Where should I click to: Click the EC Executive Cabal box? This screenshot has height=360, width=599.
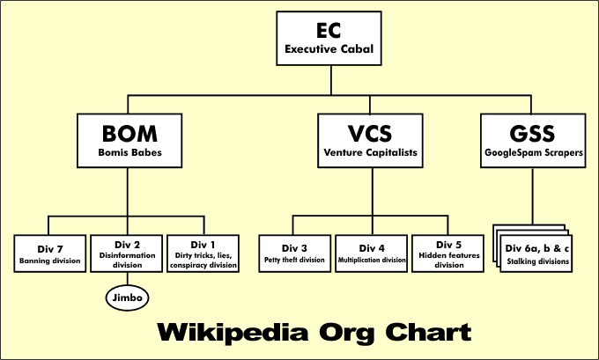pyautogui.click(x=329, y=39)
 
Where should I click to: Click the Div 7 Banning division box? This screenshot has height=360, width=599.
pyautogui.click(x=49, y=252)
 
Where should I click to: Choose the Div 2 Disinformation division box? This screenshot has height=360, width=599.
pyautogui.click(x=127, y=253)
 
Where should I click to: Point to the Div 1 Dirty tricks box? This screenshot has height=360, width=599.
pyautogui.click(x=202, y=253)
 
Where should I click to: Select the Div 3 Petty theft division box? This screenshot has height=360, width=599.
pyautogui.click(x=294, y=253)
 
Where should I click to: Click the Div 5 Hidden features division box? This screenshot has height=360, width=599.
pyautogui.click(x=448, y=253)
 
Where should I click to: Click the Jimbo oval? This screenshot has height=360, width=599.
pyautogui.click(x=127, y=298)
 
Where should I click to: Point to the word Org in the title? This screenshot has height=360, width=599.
pyautogui.click(x=349, y=334)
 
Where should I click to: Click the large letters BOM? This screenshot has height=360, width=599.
pyautogui.click(x=129, y=133)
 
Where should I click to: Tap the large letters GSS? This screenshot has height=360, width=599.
pyautogui.click(x=532, y=133)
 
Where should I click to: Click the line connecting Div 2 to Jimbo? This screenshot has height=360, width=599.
pyautogui.click(x=127, y=279)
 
